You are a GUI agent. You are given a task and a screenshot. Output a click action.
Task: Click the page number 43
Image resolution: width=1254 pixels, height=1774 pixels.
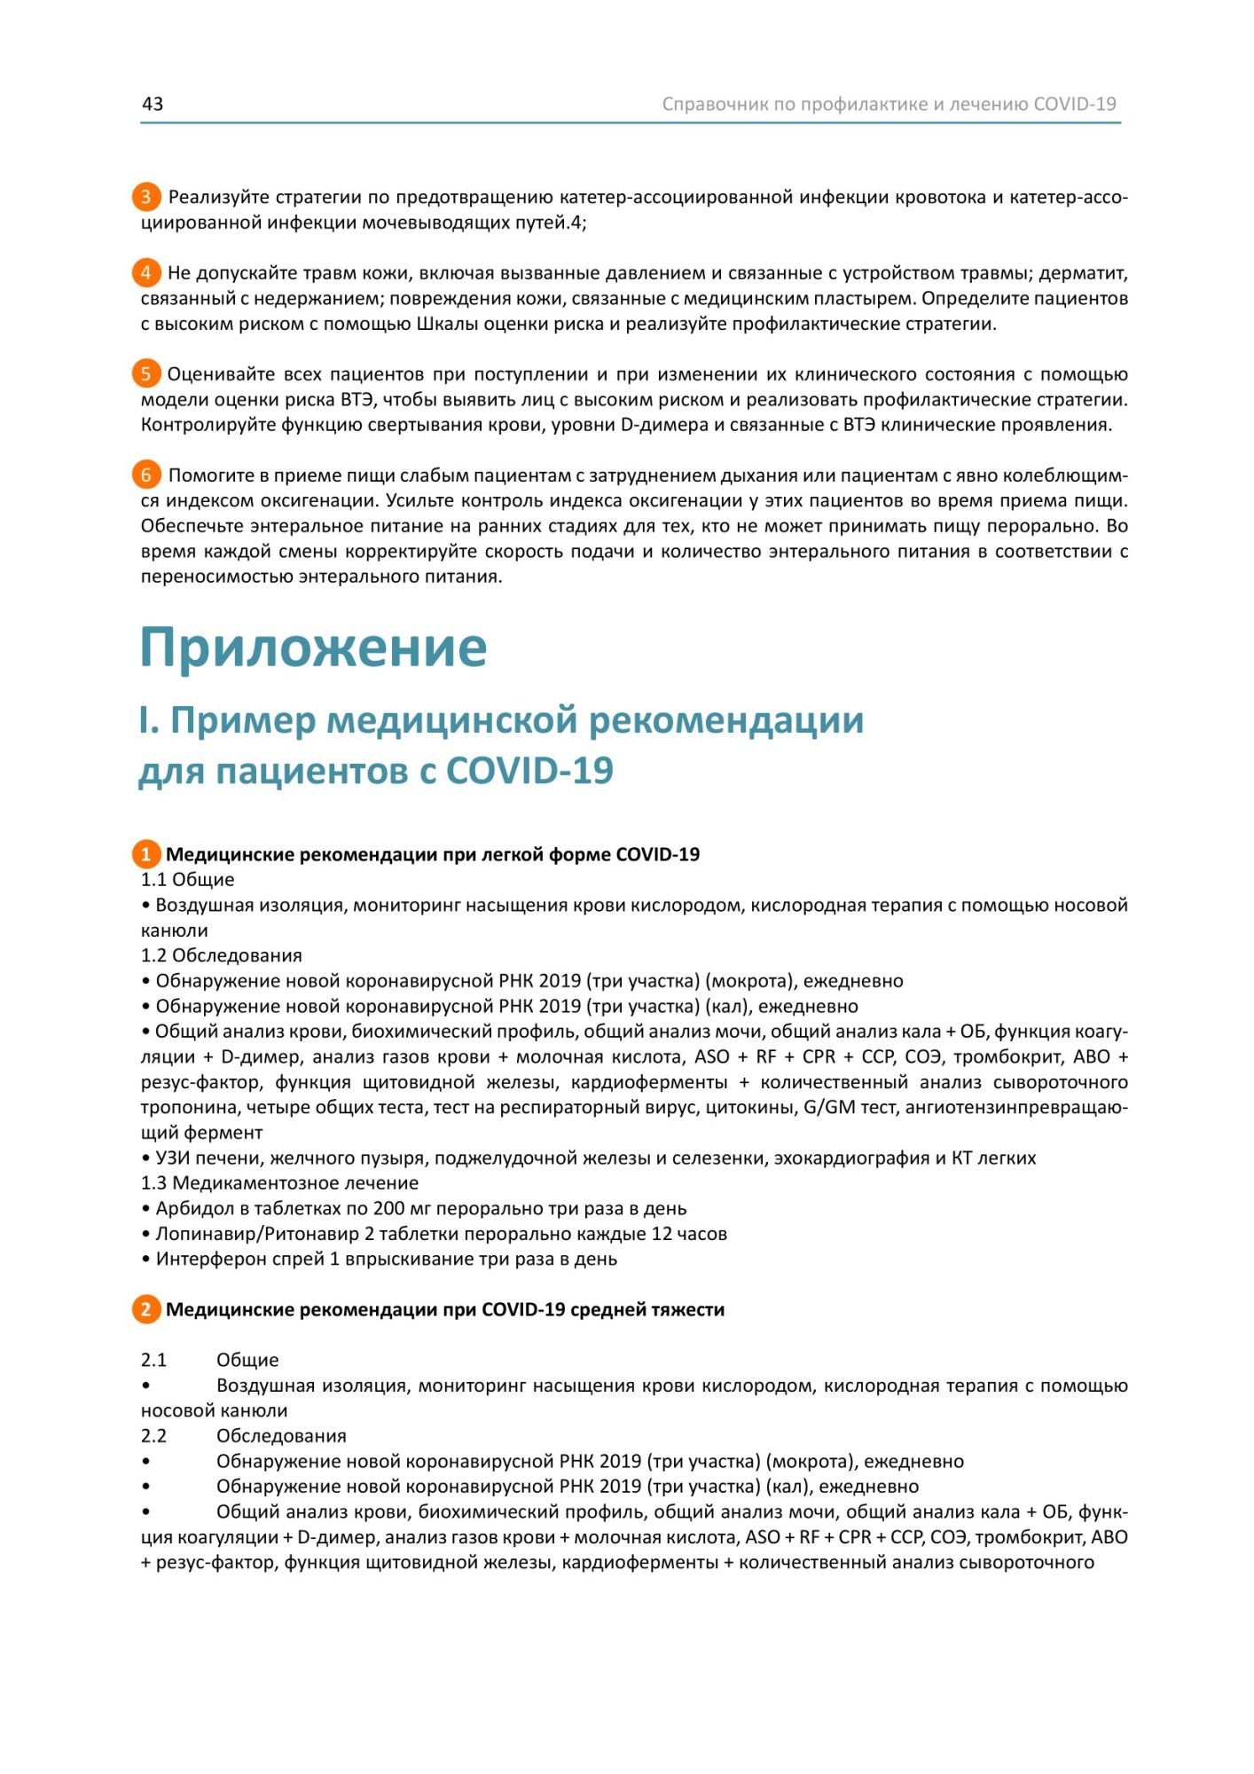(x=153, y=104)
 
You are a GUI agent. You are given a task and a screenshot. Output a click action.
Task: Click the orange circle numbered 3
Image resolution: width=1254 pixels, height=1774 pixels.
(x=146, y=197)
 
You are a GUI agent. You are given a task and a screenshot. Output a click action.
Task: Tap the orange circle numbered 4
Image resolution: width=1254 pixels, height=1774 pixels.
(x=146, y=272)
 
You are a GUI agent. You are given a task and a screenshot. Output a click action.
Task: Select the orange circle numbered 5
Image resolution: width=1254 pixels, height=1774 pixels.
(x=146, y=373)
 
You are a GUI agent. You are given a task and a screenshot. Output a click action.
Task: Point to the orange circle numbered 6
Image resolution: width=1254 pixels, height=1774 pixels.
(x=146, y=475)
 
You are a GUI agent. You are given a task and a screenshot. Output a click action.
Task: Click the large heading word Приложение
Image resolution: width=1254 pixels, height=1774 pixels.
(x=313, y=648)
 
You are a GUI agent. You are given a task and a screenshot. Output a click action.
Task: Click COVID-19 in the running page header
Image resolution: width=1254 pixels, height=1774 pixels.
(x=1074, y=104)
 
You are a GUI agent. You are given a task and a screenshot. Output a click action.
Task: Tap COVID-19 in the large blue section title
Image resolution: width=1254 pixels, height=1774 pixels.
(x=529, y=771)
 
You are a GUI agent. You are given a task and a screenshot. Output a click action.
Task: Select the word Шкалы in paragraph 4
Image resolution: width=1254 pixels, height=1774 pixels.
(x=445, y=324)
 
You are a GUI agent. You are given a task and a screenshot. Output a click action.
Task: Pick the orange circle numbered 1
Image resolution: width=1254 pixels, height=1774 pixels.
(x=146, y=854)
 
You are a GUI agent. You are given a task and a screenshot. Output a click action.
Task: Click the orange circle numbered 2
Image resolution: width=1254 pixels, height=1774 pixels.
(x=146, y=1309)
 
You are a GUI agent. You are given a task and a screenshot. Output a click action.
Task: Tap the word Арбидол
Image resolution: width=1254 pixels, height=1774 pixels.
(x=192, y=1208)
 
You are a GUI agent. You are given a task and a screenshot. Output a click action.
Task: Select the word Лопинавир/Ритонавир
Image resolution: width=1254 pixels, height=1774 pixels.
(x=257, y=1234)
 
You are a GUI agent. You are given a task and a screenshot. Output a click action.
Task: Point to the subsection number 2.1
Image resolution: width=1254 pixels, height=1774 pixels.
(x=153, y=1360)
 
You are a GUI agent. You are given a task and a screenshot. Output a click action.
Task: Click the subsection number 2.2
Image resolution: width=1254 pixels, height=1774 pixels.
(x=153, y=1435)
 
